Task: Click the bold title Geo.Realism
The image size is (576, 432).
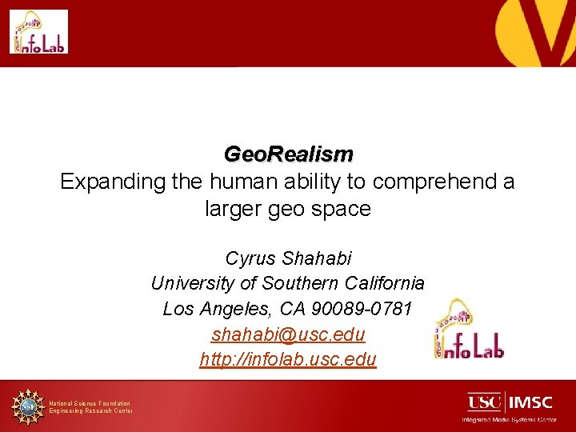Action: [288, 154]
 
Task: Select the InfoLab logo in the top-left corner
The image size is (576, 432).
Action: [38, 32]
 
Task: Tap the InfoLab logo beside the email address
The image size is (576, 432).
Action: [468, 330]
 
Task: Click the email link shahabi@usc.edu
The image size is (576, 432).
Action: [288, 334]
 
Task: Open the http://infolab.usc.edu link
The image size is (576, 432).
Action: [288, 360]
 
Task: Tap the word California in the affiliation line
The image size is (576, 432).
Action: [385, 283]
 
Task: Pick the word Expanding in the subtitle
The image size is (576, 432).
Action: [112, 182]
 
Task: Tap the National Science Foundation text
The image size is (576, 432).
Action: [90, 403]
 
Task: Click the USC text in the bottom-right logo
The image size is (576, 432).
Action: [485, 401]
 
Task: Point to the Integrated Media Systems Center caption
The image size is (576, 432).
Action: [509, 419]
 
